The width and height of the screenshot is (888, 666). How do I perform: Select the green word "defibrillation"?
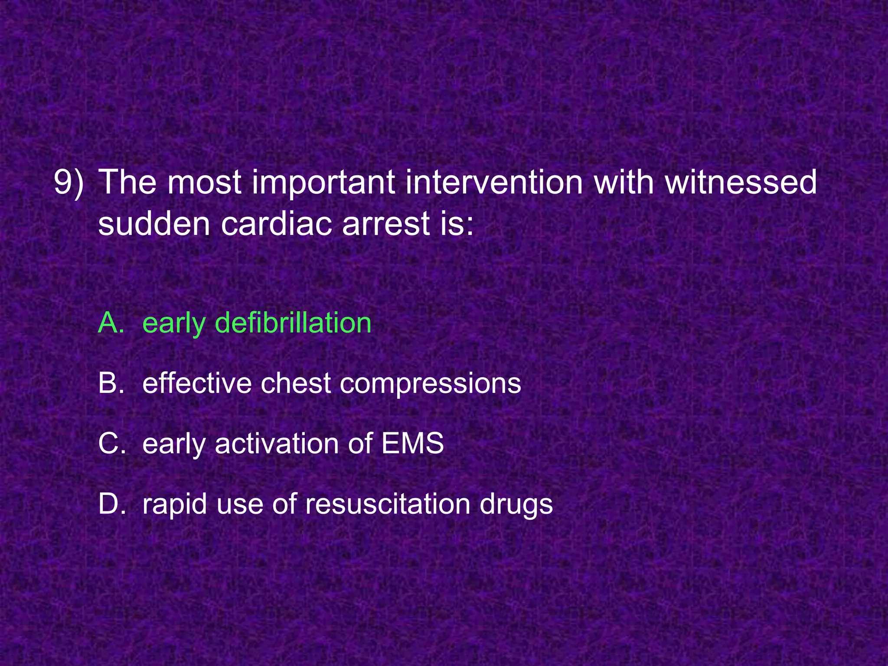pyautogui.click(x=293, y=323)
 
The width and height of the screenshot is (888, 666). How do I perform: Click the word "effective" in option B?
pyautogui.click(x=197, y=383)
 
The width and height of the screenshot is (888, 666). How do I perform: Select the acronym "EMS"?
pyautogui.click(x=412, y=444)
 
